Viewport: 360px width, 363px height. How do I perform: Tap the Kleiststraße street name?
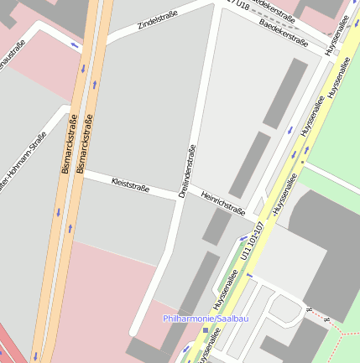pos(130,184)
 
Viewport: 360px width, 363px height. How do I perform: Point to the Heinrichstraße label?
pos(223,203)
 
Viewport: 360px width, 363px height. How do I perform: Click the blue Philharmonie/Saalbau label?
pos(206,319)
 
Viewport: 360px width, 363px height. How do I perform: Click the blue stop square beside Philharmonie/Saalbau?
pos(206,330)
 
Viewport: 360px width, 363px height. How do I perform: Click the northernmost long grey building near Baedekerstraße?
pos(285,92)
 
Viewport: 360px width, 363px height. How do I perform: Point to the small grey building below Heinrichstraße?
pos(216,227)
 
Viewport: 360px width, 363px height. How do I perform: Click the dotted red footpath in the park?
pos(336,327)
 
